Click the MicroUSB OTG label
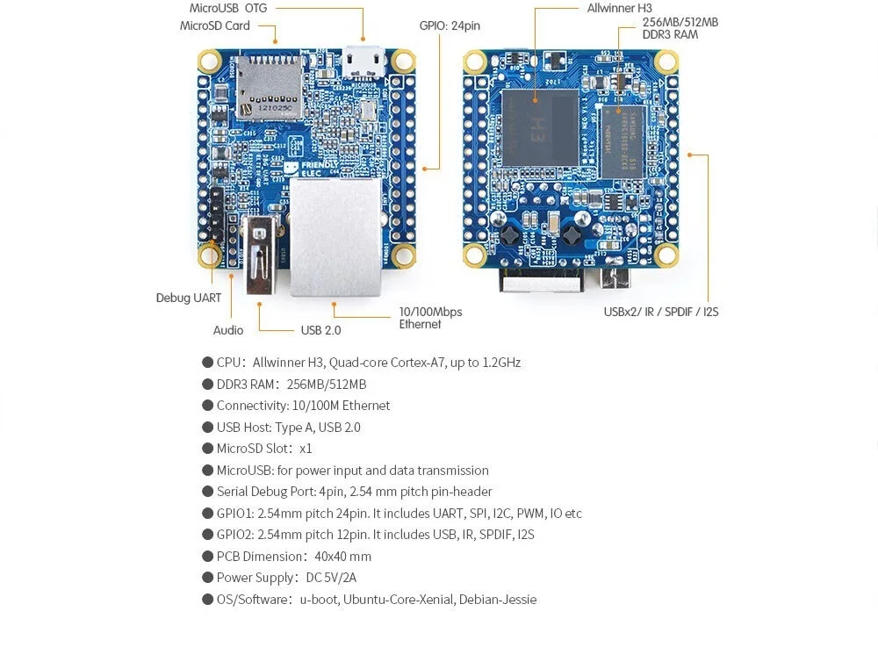228,8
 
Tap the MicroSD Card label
215,25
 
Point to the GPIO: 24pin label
450,25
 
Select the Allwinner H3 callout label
619,8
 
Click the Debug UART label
189,298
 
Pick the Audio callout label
228,330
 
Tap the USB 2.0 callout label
320,330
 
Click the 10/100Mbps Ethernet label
430,318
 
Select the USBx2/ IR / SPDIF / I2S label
661,312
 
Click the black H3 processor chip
541,127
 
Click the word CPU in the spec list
228,363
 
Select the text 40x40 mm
343,557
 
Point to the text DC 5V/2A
331,578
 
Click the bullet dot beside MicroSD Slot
208,449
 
